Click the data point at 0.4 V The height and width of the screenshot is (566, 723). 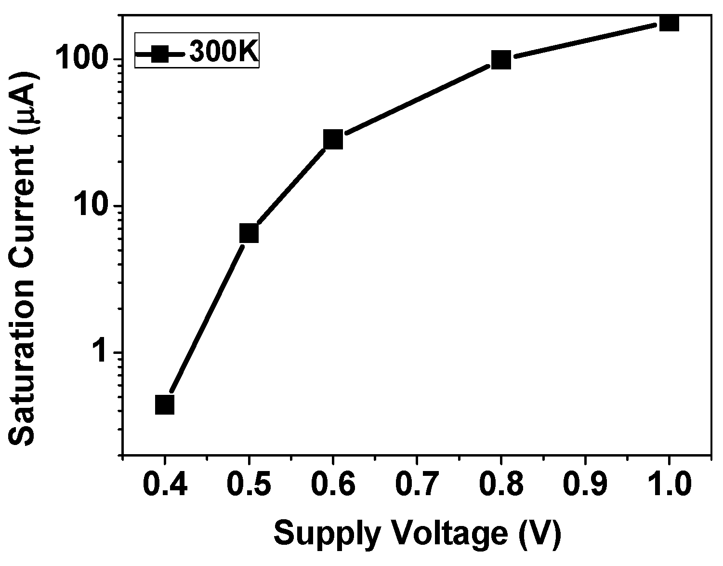(x=165, y=404)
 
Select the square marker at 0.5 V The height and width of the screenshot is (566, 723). (x=249, y=233)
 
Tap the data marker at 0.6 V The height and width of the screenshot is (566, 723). (x=333, y=139)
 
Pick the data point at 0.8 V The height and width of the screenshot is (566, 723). (x=501, y=60)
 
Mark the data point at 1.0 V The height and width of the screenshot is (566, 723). (x=669, y=22)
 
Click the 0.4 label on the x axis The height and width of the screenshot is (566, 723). (x=165, y=485)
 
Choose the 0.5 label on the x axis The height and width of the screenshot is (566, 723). (x=249, y=485)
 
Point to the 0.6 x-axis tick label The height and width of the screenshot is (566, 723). (x=333, y=485)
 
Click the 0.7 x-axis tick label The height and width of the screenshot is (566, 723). (x=417, y=485)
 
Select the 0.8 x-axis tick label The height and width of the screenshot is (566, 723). (x=501, y=485)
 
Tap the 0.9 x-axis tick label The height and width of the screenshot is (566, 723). (x=585, y=485)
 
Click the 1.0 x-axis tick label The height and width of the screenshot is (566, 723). (x=669, y=485)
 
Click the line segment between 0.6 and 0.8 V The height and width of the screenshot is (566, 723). (x=417, y=100)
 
